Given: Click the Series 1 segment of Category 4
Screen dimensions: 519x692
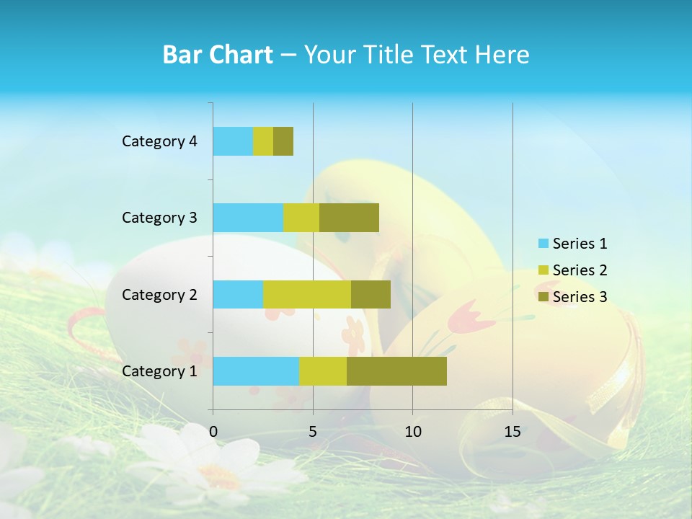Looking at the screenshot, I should [233, 141].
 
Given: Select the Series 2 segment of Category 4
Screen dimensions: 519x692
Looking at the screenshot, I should [263, 141].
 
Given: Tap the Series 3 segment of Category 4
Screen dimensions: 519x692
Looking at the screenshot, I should [283, 141].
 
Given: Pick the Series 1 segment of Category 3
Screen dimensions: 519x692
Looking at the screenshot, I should [248, 218].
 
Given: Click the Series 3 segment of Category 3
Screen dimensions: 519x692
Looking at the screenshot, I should [349, 218].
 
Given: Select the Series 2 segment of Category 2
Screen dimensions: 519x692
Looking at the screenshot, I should [307, 294].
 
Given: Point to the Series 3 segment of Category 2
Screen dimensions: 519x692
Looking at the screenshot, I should [371, 294].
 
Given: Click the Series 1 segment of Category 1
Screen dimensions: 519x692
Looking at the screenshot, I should [256, 371].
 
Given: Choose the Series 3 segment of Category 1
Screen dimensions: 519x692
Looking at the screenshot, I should [396, 371].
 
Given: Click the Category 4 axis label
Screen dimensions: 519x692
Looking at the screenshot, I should [159, 141].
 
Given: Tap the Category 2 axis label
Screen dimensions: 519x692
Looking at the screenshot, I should [159, 294].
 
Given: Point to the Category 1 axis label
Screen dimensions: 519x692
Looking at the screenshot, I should [159, 371].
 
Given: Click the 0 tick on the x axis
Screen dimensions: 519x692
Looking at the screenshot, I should [213, 432].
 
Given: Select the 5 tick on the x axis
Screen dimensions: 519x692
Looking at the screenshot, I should [313, 432].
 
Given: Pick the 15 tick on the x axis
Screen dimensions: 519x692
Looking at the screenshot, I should [513, 432].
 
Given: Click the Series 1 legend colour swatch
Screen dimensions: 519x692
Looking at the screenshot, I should [544, 244].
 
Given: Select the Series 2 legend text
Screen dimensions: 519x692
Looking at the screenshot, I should [580, 270].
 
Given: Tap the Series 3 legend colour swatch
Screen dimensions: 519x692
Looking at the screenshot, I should [544, 297].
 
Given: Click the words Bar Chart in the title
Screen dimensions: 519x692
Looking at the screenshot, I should [218, 55].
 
